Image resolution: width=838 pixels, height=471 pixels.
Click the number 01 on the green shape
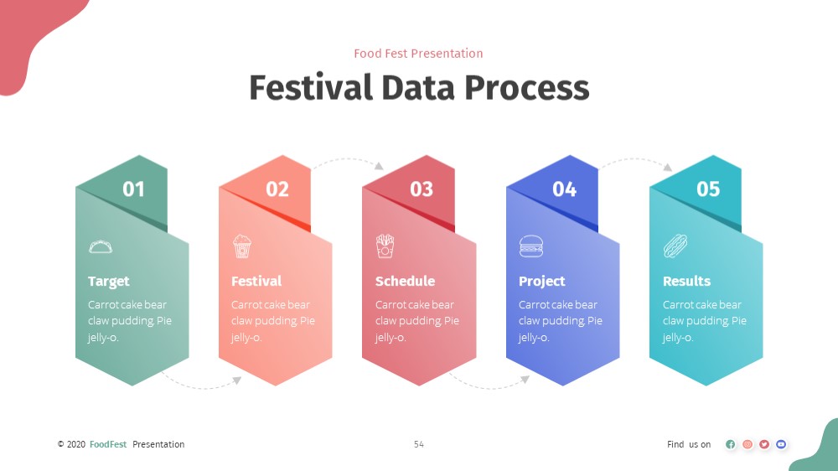(x=133, y=189)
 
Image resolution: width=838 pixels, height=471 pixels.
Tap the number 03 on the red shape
(x=422, y=189)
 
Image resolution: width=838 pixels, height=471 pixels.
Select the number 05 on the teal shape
(x=708, y=189)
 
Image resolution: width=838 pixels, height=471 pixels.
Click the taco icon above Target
(x=101, y=246)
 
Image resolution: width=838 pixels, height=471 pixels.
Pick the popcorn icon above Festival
(x=242, y=246)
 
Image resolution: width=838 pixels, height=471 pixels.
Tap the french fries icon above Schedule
(x=385, y=246)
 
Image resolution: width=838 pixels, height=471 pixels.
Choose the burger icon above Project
(x=531, y=246)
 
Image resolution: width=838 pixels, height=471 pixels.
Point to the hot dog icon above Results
(x=675, y=246)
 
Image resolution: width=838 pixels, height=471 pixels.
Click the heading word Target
(x=108, y=282)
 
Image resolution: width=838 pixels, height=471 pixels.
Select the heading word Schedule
(x=405, y=282)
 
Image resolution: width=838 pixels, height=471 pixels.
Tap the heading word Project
(x=542, y=282)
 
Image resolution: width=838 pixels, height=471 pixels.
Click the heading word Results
(x=687, y=282)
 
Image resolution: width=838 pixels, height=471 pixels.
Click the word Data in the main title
(x=418, y=88)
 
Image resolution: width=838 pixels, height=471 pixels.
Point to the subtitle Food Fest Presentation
(x=418, y=54)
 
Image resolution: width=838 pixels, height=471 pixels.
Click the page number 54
(x=419, y=444)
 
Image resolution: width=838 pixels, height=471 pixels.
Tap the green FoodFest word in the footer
(x=108, y=444)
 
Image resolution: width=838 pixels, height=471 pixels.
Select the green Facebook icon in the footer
(x=731, y=444)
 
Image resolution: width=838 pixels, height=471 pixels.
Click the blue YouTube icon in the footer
(x=781, y=444)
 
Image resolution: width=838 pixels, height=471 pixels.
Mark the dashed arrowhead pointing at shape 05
(x=668, y=168)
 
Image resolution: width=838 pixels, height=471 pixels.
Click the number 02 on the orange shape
(x=277, y=189)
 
